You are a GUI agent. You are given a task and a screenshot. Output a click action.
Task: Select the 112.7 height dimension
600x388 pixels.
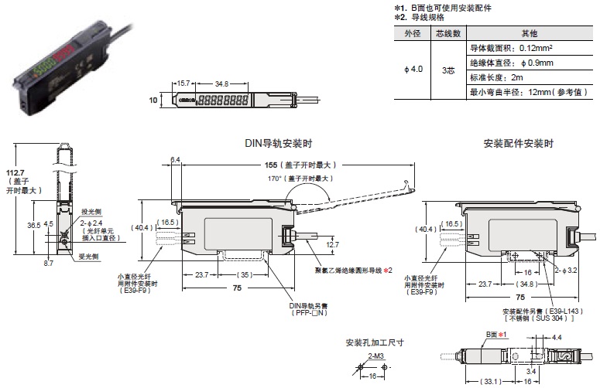pyautogui.click(x=15, y=173)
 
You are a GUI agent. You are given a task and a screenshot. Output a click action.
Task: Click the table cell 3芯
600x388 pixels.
pyautogui.click(x=447, y=70)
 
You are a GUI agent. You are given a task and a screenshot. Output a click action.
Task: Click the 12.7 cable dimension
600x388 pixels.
pyautogui.click(x=332, y=244)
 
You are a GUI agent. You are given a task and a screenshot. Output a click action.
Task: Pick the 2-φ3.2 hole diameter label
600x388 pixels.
pyautogui.click(x=570, y=271)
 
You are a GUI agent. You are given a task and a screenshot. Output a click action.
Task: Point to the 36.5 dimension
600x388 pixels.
pyautogui.click(x=34, y=225)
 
